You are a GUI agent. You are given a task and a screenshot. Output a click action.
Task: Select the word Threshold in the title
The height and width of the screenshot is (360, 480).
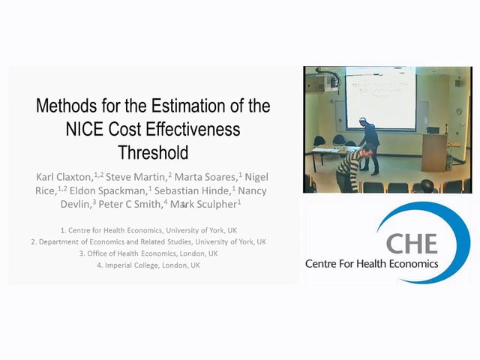coord(153,152)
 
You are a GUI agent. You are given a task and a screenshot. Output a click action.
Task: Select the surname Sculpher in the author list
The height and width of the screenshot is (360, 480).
coord(214,204)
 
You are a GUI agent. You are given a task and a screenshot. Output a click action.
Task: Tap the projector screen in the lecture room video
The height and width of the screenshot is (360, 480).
coord(380,99)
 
